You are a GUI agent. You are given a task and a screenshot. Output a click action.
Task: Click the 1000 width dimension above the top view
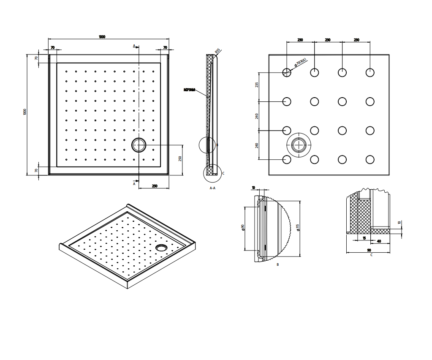click(x=102, y=37)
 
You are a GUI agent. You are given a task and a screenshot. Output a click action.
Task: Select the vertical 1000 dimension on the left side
click(x=25, y=112)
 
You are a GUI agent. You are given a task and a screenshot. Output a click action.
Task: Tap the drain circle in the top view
click(x=139, y=145)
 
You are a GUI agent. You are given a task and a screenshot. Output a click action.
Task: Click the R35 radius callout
click(x=217, y=51)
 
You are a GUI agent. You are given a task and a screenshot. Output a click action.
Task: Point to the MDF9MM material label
click(x=190, y=90)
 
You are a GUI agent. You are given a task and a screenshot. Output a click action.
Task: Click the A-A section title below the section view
click(x=212, y=188)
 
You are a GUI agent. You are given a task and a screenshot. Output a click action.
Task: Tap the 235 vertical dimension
click(x=257, y=85)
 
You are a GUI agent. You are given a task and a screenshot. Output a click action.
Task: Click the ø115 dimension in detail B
click(x=298, y=228)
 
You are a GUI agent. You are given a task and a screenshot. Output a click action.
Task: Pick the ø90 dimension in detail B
click(x=243, y=228)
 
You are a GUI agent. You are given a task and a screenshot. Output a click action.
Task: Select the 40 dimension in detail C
click(x=378, y=241)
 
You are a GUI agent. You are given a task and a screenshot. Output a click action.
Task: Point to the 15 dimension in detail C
click(x=364, y=238)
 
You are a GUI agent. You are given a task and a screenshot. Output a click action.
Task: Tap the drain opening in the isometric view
click(x=161, y=247)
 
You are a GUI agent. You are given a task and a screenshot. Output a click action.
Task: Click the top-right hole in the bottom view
click(x=370, y=72)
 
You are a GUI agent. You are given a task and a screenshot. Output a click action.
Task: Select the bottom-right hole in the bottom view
click(x=370, y=159)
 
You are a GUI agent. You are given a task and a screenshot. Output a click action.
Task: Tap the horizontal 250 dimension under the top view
click(x=155, y=186)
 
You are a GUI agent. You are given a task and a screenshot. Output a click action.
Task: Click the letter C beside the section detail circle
click(x=223, y=173)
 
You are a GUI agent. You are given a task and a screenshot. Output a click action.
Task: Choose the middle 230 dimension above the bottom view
click(x=328, y=40)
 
